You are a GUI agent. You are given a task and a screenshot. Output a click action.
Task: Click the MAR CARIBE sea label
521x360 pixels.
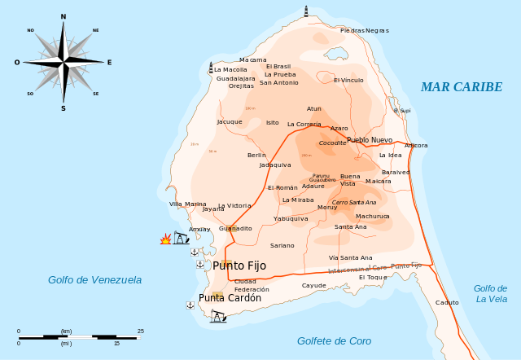461,87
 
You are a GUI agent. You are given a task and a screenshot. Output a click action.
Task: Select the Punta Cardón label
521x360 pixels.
230,298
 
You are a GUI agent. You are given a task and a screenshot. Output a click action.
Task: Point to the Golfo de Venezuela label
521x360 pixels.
94,280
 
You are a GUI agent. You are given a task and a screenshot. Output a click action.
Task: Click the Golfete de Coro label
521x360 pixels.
334,341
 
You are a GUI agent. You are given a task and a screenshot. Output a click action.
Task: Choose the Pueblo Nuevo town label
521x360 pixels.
369,140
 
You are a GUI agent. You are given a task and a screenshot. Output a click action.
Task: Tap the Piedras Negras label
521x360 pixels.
364,30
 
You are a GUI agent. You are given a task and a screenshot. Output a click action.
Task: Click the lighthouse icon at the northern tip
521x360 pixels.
307,11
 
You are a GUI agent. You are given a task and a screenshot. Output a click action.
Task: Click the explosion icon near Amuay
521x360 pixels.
166,239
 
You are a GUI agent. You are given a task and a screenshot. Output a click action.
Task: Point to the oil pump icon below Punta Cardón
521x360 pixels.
217,315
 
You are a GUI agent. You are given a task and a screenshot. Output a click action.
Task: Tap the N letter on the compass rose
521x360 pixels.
63,16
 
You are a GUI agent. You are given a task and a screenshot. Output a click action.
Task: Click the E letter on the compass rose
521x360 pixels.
109,62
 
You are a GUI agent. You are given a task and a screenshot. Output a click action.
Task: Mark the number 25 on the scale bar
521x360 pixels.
141,331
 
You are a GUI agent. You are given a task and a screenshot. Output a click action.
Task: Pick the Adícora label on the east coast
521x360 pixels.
415,145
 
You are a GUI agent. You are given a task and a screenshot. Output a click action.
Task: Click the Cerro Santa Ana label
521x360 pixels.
353,202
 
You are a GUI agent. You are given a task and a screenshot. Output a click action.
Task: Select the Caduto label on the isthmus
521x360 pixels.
447,302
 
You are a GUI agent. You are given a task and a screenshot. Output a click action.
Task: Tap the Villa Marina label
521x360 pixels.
187,204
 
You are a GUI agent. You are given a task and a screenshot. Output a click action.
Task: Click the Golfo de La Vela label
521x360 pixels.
490,293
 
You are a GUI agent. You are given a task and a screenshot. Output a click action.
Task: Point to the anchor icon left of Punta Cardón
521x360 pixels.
190,304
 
